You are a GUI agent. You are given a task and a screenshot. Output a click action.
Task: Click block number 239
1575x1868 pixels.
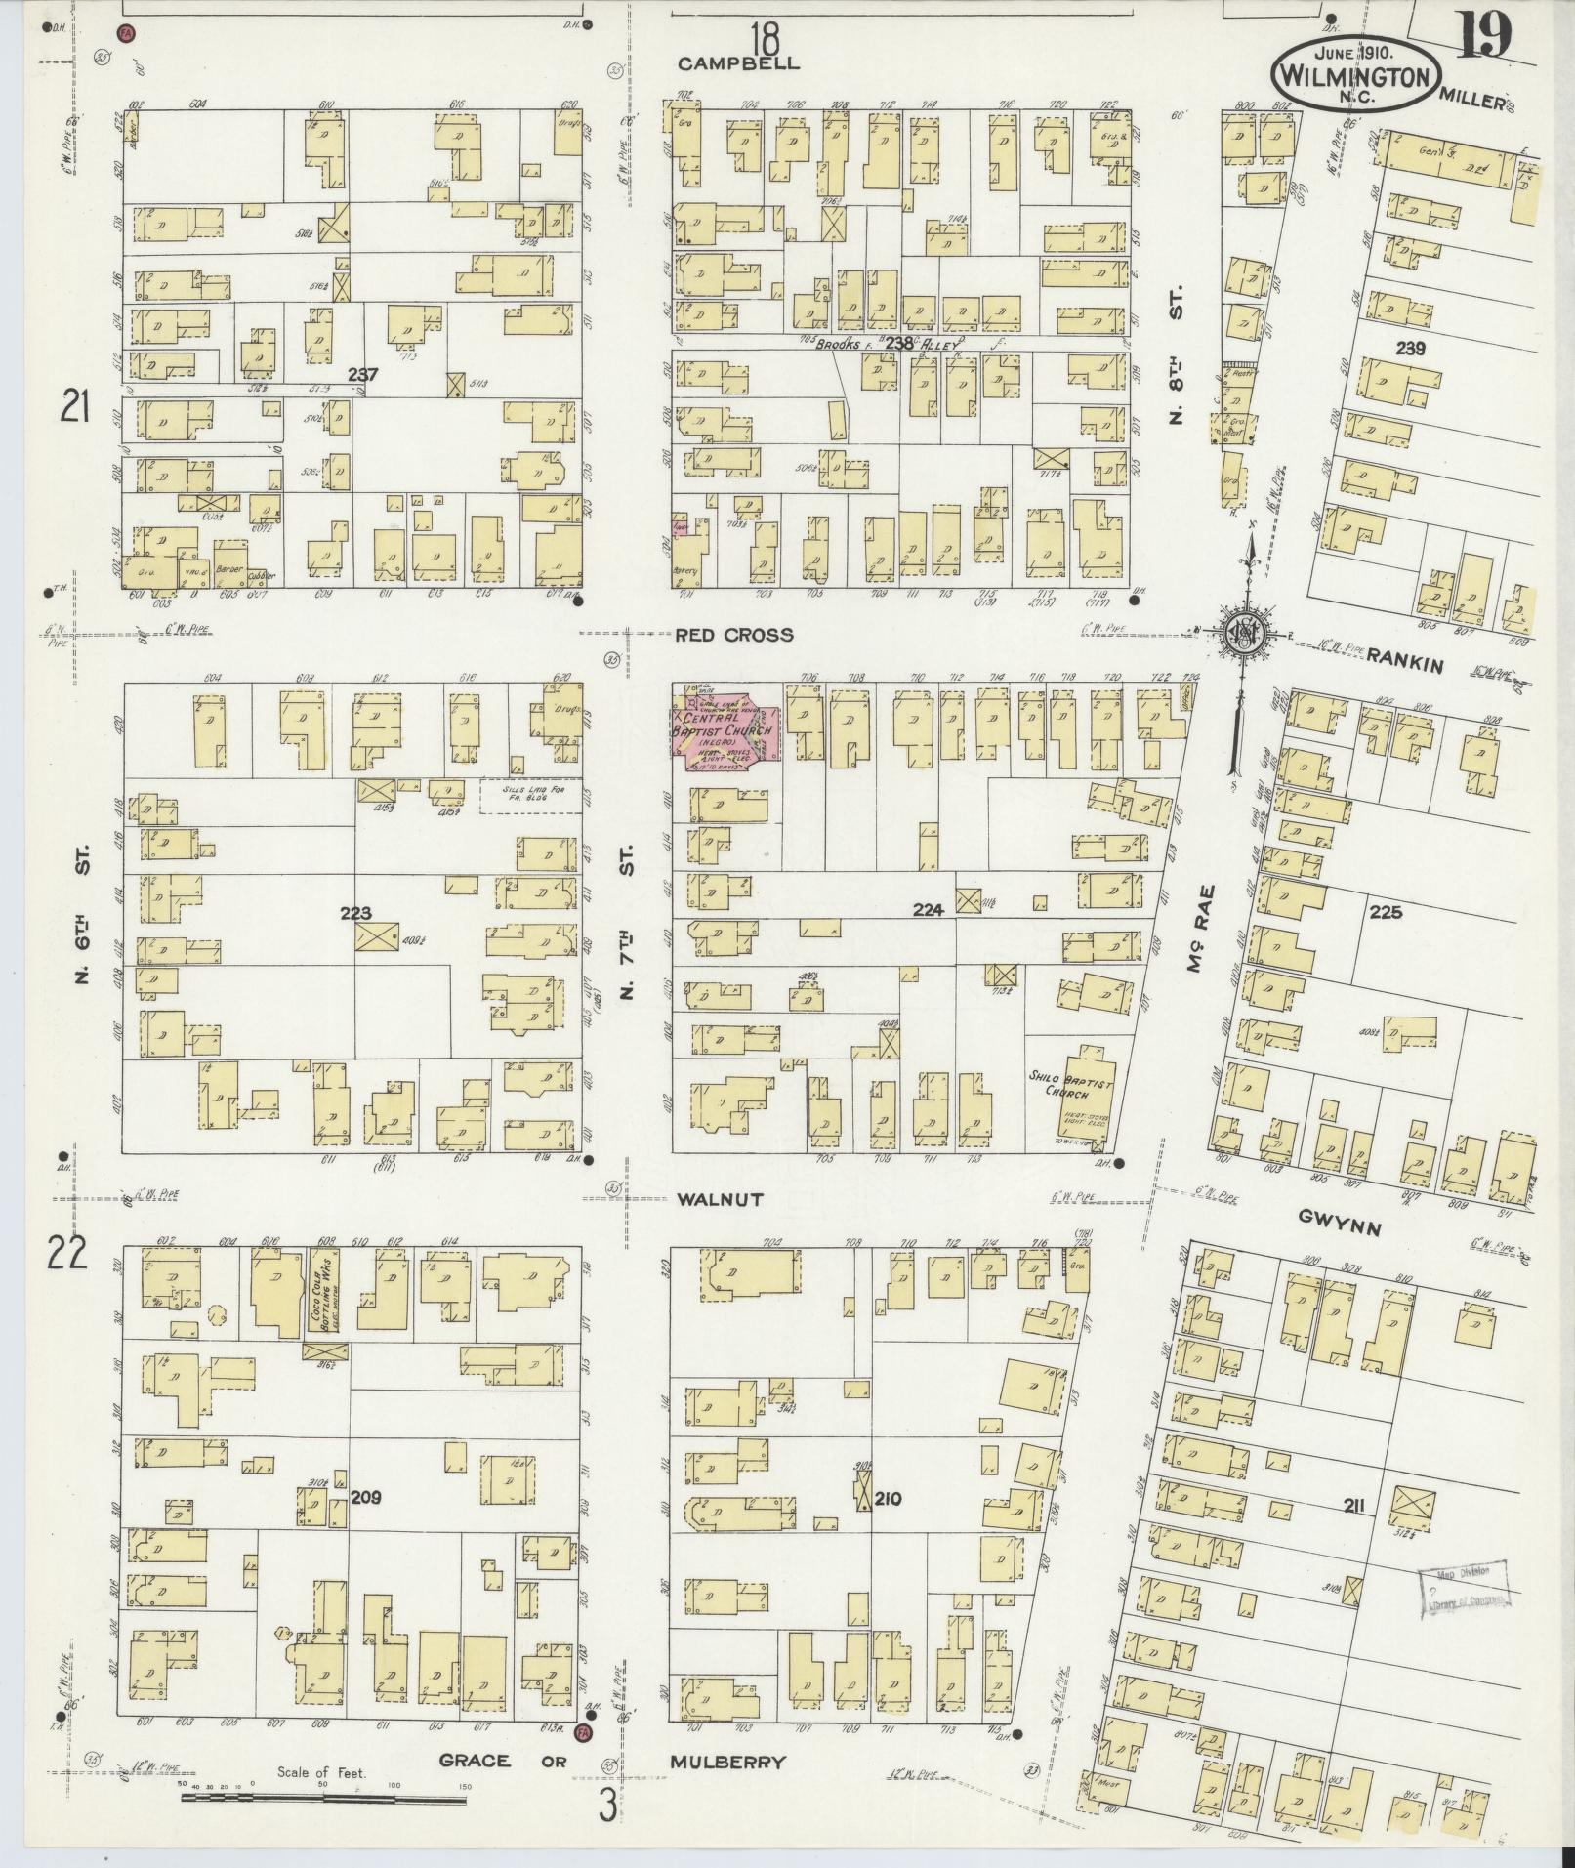[x=1410, y=349]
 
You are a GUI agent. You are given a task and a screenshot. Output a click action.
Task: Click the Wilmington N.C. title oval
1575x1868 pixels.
[x=1357, y=73]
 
